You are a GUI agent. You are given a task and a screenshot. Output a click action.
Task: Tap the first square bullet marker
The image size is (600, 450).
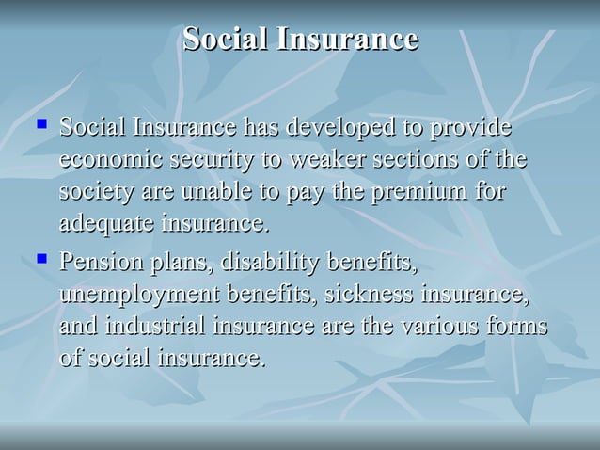40,123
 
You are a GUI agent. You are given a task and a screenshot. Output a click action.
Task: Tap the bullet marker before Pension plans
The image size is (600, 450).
40,256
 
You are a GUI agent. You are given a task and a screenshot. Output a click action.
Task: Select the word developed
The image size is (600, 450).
336,127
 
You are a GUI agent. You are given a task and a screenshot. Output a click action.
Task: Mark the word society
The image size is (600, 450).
97,193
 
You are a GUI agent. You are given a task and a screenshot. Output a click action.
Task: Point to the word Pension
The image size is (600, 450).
97,260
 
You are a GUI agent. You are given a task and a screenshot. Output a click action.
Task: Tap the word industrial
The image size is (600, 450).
155,326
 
